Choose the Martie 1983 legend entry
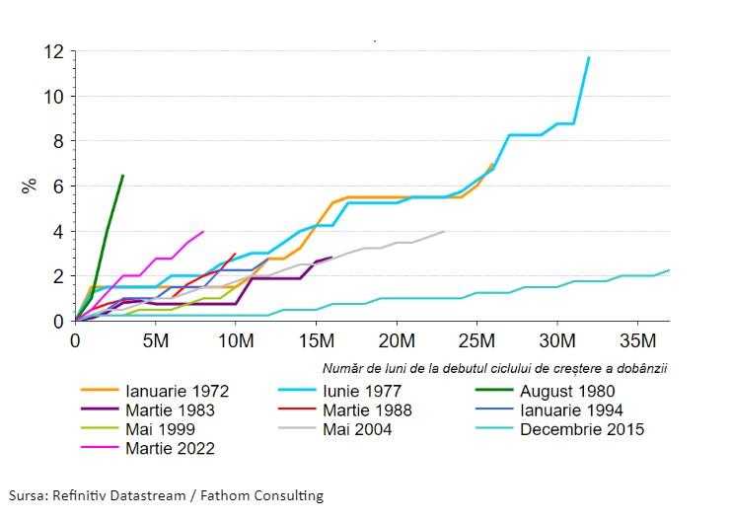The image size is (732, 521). click(164, 409)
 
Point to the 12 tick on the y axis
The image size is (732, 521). click(55, 50)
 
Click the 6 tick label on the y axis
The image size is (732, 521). click(60, 186)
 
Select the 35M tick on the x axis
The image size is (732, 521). click(637, 341)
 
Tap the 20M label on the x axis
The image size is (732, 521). click(396, 341)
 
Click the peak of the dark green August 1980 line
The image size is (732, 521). click(122, 176)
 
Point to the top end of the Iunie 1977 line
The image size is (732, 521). click(589, 57)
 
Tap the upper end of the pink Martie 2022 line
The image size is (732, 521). click(203, 232)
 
